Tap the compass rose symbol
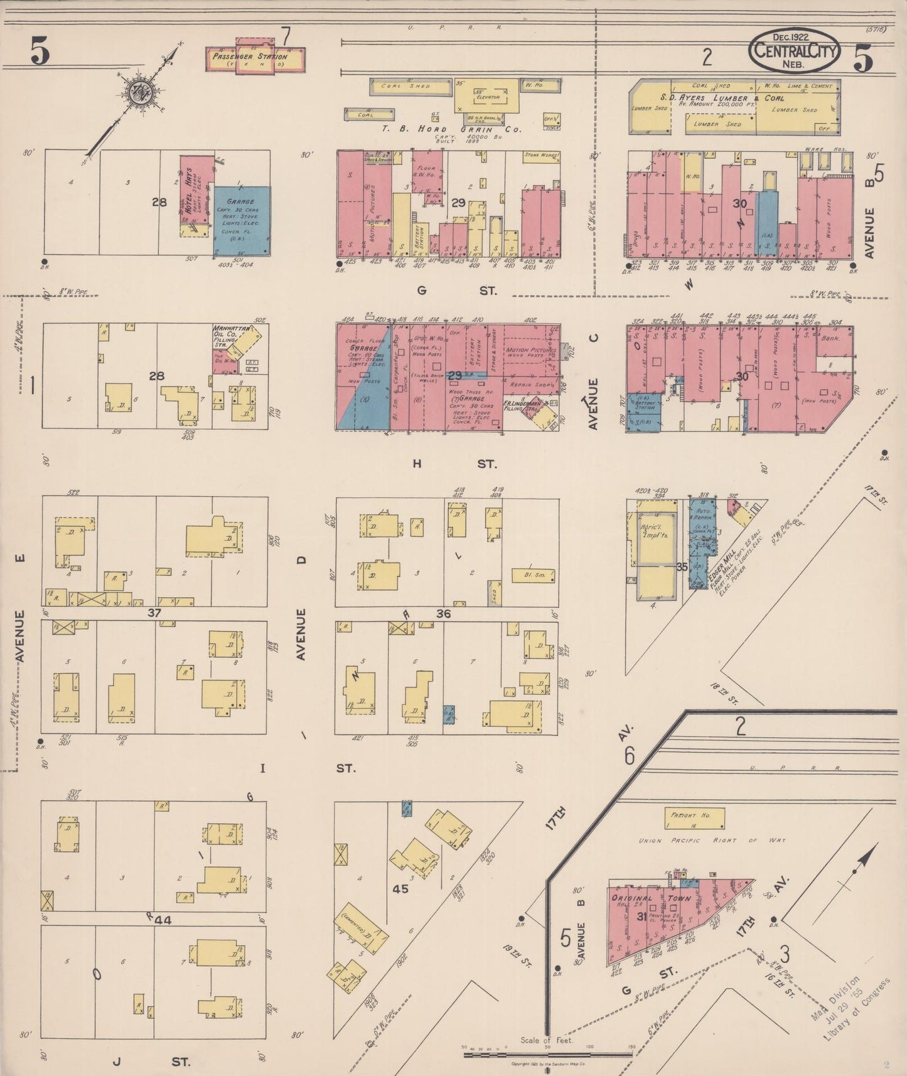139,92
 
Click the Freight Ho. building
694,817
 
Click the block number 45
400,889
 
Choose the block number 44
163,920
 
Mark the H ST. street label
452,464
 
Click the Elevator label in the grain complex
487,97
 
